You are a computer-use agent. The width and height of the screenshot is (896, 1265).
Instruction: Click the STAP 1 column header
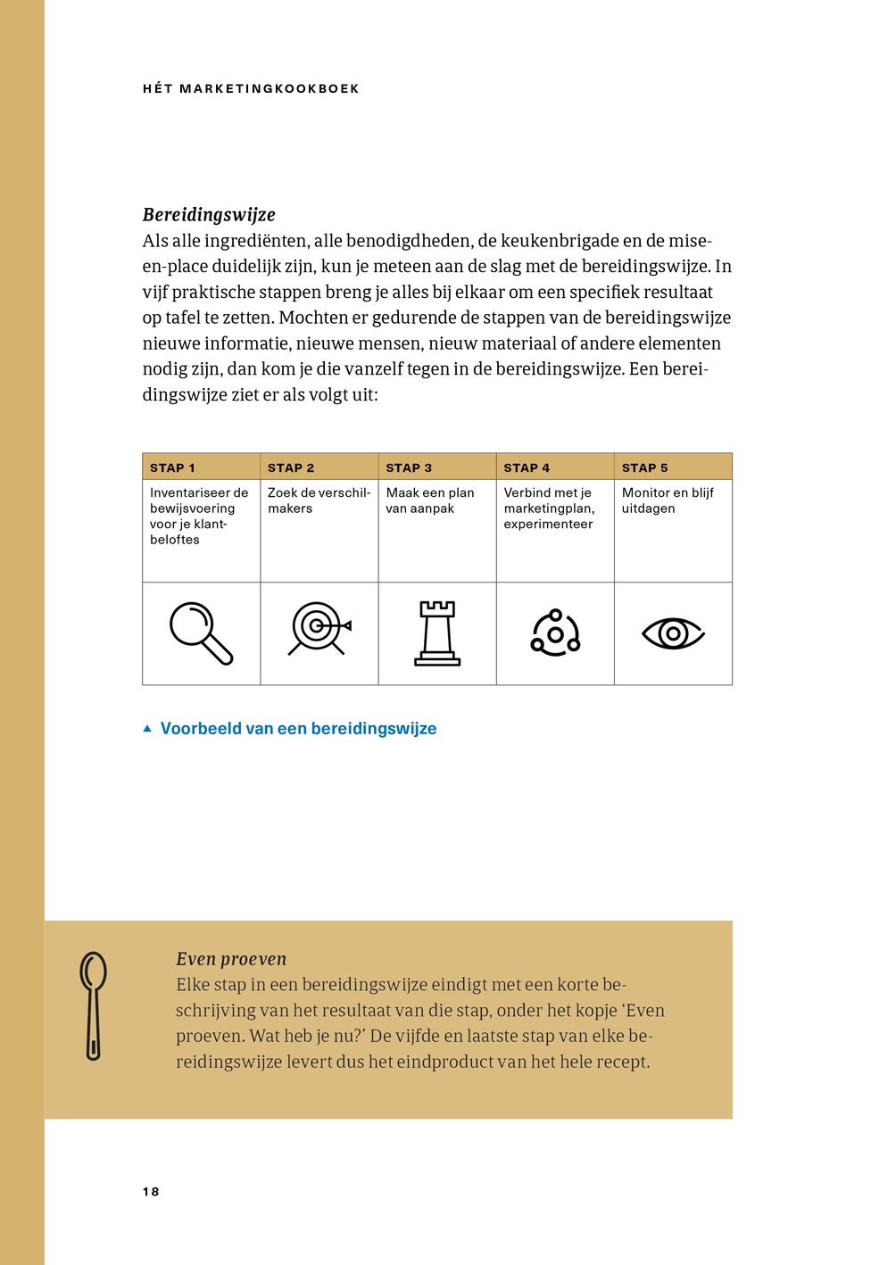click(172, 467)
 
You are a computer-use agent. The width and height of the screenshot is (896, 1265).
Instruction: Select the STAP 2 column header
click(291, 467)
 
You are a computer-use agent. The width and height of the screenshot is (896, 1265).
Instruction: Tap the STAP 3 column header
click(409, 467)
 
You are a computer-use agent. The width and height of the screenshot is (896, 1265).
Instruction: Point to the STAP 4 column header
click(527, 467)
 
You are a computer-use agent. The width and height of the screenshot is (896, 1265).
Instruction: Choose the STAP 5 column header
click(644, 467)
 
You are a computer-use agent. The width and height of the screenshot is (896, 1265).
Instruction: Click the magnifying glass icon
click(202, 633)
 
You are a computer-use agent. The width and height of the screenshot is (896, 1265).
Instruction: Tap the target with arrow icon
click(319, 629)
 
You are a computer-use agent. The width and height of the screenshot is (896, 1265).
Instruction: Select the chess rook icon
click(437, 633)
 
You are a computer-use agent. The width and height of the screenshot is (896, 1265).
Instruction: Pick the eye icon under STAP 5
click(673, 633)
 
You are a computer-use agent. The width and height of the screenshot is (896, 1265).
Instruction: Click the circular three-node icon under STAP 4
click(555, 633)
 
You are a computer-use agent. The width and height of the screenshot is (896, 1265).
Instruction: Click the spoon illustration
click(93, 1005)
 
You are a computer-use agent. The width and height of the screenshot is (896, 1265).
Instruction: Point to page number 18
click(151, 1192)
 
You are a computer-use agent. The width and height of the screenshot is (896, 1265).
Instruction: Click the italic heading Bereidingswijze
click(209, 215)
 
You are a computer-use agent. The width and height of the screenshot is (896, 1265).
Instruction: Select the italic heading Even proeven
click(231, 959)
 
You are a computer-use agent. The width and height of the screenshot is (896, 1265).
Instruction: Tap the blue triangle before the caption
click(147, 729)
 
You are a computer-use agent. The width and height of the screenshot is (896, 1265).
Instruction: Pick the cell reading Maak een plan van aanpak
click(430, 500)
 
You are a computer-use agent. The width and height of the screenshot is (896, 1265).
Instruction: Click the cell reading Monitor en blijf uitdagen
click(668, 500)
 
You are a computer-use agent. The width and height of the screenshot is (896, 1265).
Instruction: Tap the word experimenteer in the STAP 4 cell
click(548, 525)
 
